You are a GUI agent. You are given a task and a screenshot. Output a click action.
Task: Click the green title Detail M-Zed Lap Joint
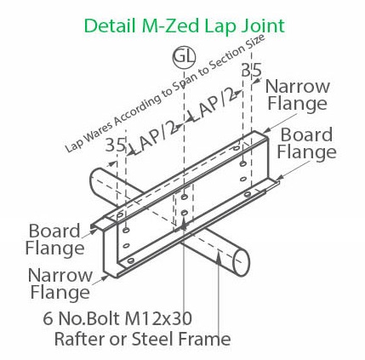185,26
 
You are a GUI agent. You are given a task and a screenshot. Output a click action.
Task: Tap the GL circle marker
185,57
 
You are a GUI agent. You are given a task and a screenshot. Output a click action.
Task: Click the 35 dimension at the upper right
252,70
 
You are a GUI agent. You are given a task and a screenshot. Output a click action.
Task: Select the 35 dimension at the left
116,145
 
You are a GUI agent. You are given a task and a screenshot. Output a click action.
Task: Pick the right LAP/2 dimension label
216,105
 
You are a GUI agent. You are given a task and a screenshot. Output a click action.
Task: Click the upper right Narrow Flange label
298,95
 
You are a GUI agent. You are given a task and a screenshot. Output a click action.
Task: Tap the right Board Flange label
306,143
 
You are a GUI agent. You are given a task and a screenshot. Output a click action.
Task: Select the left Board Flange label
54,240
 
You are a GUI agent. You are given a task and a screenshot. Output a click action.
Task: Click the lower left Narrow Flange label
60,283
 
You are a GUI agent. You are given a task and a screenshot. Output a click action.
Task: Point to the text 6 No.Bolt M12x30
117,318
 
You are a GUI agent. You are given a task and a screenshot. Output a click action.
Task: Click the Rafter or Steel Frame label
142,339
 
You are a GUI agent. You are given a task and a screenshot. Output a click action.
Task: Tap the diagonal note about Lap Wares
165,94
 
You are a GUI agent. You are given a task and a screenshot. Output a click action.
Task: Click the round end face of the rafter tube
241,263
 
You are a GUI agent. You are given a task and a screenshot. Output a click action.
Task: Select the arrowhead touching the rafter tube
219,257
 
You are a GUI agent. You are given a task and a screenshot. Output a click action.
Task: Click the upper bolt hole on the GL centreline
185,197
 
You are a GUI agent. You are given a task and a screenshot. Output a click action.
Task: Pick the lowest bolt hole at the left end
131,260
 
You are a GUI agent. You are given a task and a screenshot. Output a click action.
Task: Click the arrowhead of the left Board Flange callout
95,231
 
